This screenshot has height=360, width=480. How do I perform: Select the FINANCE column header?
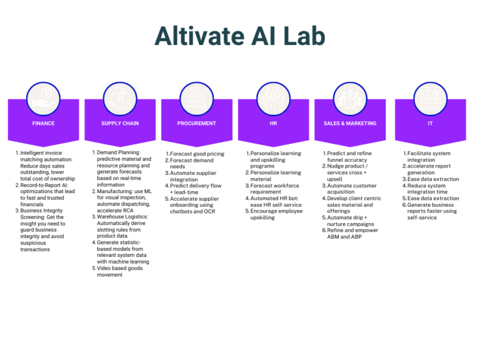(x=43, y=123)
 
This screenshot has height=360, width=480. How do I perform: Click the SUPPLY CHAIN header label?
(x=120, y=123)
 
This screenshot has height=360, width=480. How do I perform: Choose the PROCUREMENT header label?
(x=197, y=123)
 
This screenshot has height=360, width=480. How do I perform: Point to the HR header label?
(x=273, y=123)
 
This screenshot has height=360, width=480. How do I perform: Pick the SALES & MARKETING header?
(x=350, y=123)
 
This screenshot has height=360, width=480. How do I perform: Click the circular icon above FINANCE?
(x=43, y=95)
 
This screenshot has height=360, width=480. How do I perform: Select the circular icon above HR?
(x=273, y=95)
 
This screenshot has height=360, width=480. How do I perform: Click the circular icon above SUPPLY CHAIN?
(x=120, y=95)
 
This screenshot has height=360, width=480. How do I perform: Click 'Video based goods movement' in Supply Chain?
(x=119, y=271)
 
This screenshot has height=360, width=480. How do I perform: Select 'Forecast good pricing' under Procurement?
(x=196, y=154)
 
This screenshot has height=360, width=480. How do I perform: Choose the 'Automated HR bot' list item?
(x=275, y=198)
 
